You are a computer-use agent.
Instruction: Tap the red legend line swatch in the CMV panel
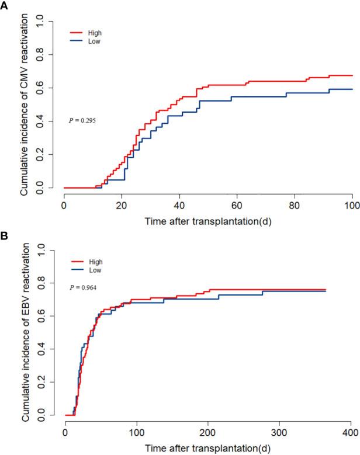(x=78, y=34)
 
